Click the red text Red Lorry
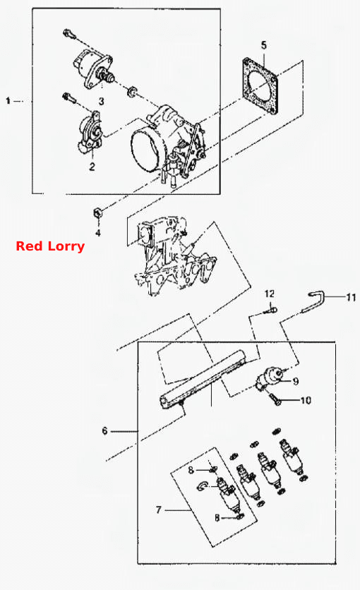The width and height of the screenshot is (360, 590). pyautogui.click(x=50, y=246)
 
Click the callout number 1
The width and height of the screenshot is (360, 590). pyautogui.click(x=8, y=101)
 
